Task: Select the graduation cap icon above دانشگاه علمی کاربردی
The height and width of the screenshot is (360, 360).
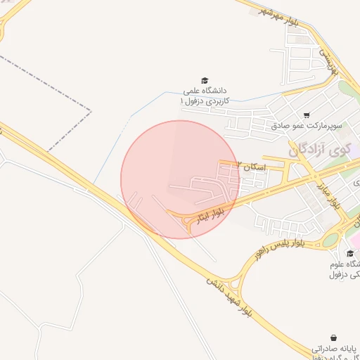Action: click(x=205, y=81)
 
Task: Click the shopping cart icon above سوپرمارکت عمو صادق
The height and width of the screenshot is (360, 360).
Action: click(x=306, y=115)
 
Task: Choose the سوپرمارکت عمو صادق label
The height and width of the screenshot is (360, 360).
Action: click(x=307, y=126)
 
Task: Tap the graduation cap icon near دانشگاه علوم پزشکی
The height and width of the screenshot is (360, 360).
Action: click(x=350, y=254)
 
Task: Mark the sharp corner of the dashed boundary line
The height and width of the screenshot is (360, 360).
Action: click(x=91, y=110)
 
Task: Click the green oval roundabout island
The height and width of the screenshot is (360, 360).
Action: click(x=330, y=239)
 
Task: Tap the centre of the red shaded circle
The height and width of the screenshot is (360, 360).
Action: click(x=180, y=179)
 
